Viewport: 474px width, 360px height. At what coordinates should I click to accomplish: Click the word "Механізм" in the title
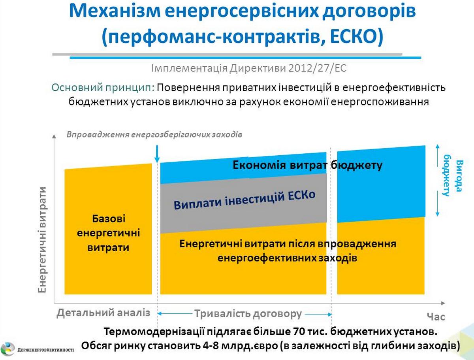pyautogui.click(x=115, y=11)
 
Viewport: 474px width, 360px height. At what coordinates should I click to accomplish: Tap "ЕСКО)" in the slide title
pyautogui.click(x=357, y=36)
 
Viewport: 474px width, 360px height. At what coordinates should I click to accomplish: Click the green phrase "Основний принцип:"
pyautogui.click(x=103, y=88)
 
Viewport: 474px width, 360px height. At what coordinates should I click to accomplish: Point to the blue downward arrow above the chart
pyautogui.click(x=157, y=154)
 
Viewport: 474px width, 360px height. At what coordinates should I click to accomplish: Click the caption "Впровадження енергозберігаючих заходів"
pyautogui.click(x=154, y=134)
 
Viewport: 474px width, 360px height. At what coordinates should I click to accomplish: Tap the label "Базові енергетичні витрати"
pyautogui.click(x=108, y=233)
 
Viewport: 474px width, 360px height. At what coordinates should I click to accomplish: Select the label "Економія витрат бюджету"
pyautogui.click(x=307, y=166)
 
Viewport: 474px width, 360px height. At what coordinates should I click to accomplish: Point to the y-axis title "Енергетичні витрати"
pyautogui.click(x=42, y=240)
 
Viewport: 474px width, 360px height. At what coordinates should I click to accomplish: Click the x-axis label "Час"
pyautogui.click(x=436, y=317)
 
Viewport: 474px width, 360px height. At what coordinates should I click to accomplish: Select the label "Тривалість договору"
pyautogui.click(x=248, y=314)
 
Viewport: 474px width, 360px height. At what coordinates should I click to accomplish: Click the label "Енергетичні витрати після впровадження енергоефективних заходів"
pyautogui.click(x=288, y=251)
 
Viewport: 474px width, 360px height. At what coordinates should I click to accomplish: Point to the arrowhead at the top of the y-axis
pyautogui.click(x=54, y=136)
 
